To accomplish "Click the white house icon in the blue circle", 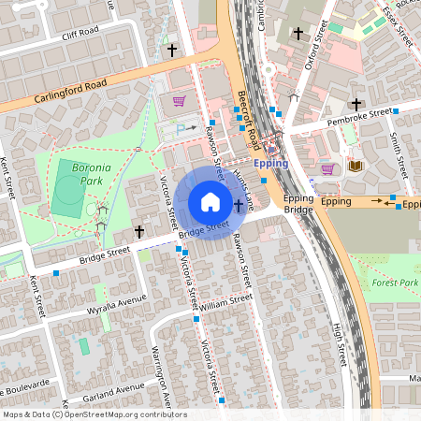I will [210, 201].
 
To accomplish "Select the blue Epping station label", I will [271, 162].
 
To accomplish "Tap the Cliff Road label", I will [80, 31].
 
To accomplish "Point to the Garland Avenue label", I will [111, 386].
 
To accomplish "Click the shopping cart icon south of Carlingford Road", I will [179, 101].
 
